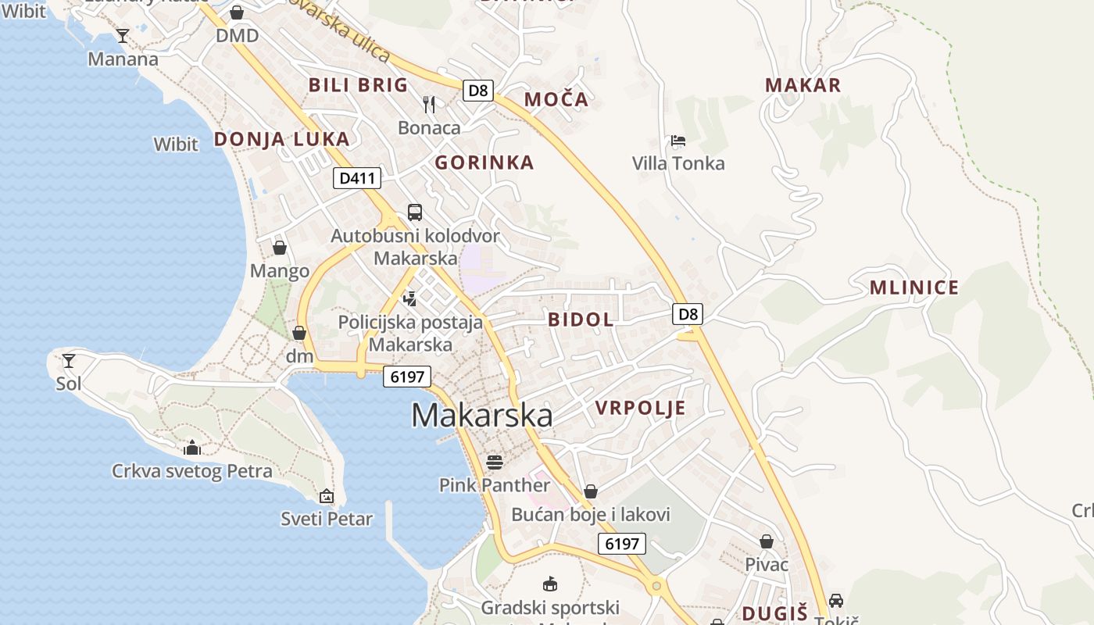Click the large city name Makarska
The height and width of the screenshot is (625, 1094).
tap(481, 415)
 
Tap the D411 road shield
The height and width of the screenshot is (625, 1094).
tap(357, 178)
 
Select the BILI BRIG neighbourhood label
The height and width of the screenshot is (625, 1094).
tap(358, 85)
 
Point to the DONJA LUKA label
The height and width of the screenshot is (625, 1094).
tap(281, 139)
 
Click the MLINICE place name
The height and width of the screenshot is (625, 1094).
tap(913, 287)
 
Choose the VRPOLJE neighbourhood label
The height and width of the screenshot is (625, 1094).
tap(640, 408)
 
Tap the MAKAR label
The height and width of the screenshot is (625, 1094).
tap(803, 85)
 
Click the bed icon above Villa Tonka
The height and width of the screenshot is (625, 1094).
tap(678, 141)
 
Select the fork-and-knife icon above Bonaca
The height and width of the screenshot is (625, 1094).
tap(428, 104)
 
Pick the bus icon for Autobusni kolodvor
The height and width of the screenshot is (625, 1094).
tap(415, 212)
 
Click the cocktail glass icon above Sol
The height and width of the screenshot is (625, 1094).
tap(69, 361)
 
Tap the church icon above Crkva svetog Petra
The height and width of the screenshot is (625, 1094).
tap(192, 448)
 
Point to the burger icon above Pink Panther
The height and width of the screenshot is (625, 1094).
tap(494, 462)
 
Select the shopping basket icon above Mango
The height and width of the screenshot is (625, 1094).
tap(279, 248)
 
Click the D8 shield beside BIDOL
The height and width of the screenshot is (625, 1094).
tap(687, 314)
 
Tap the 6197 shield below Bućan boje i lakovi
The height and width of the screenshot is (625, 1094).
tap(622, 544)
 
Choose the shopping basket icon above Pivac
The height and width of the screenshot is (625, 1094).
tap(767, 541)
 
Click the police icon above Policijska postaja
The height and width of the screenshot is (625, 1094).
tap(409, 298)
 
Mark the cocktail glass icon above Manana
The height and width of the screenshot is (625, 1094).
tap(123, 35)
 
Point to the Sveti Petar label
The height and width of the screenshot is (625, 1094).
tap(327, 518)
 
